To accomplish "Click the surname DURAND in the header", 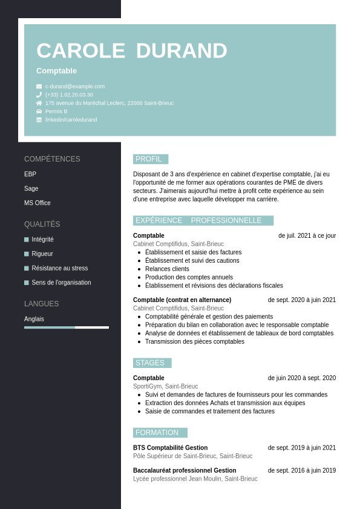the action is tap(182, 51).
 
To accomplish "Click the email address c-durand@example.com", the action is tap(75, 87).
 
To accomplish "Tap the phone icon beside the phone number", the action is tap(39, 94).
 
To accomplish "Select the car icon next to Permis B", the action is tap(39, 111).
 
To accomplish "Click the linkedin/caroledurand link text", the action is tap(71, 120).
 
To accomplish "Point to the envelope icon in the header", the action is tap(39, 87).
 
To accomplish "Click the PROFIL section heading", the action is tap(149, 159).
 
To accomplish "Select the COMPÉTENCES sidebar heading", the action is tap(52, 159).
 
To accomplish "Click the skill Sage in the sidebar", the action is tap(31, 188).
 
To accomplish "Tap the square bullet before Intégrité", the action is tap(27, 239).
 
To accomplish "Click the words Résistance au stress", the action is tap(60, 268).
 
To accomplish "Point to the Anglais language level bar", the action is tap(67, 327).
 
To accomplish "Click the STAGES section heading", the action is tap(150, 363).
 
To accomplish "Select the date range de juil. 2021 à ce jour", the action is tap(307, 235).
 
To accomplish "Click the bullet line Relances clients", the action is tap(167, 269).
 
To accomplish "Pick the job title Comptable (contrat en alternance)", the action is tap(182, 300).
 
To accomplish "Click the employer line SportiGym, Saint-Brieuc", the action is tap(165, 386).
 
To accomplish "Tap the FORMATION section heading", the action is tap(157, 433).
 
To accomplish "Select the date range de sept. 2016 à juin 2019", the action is tap(302, 470).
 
